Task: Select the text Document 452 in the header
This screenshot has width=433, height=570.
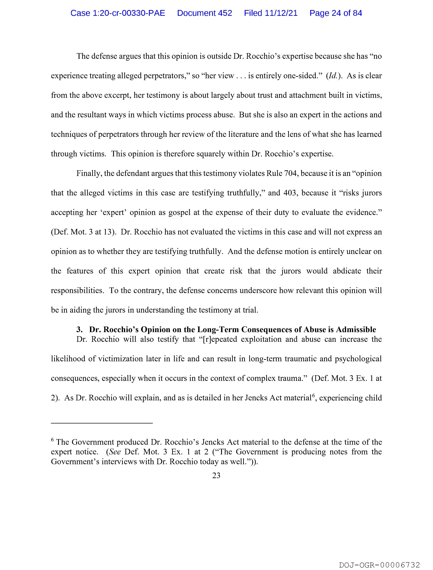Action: tap(204, 13)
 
